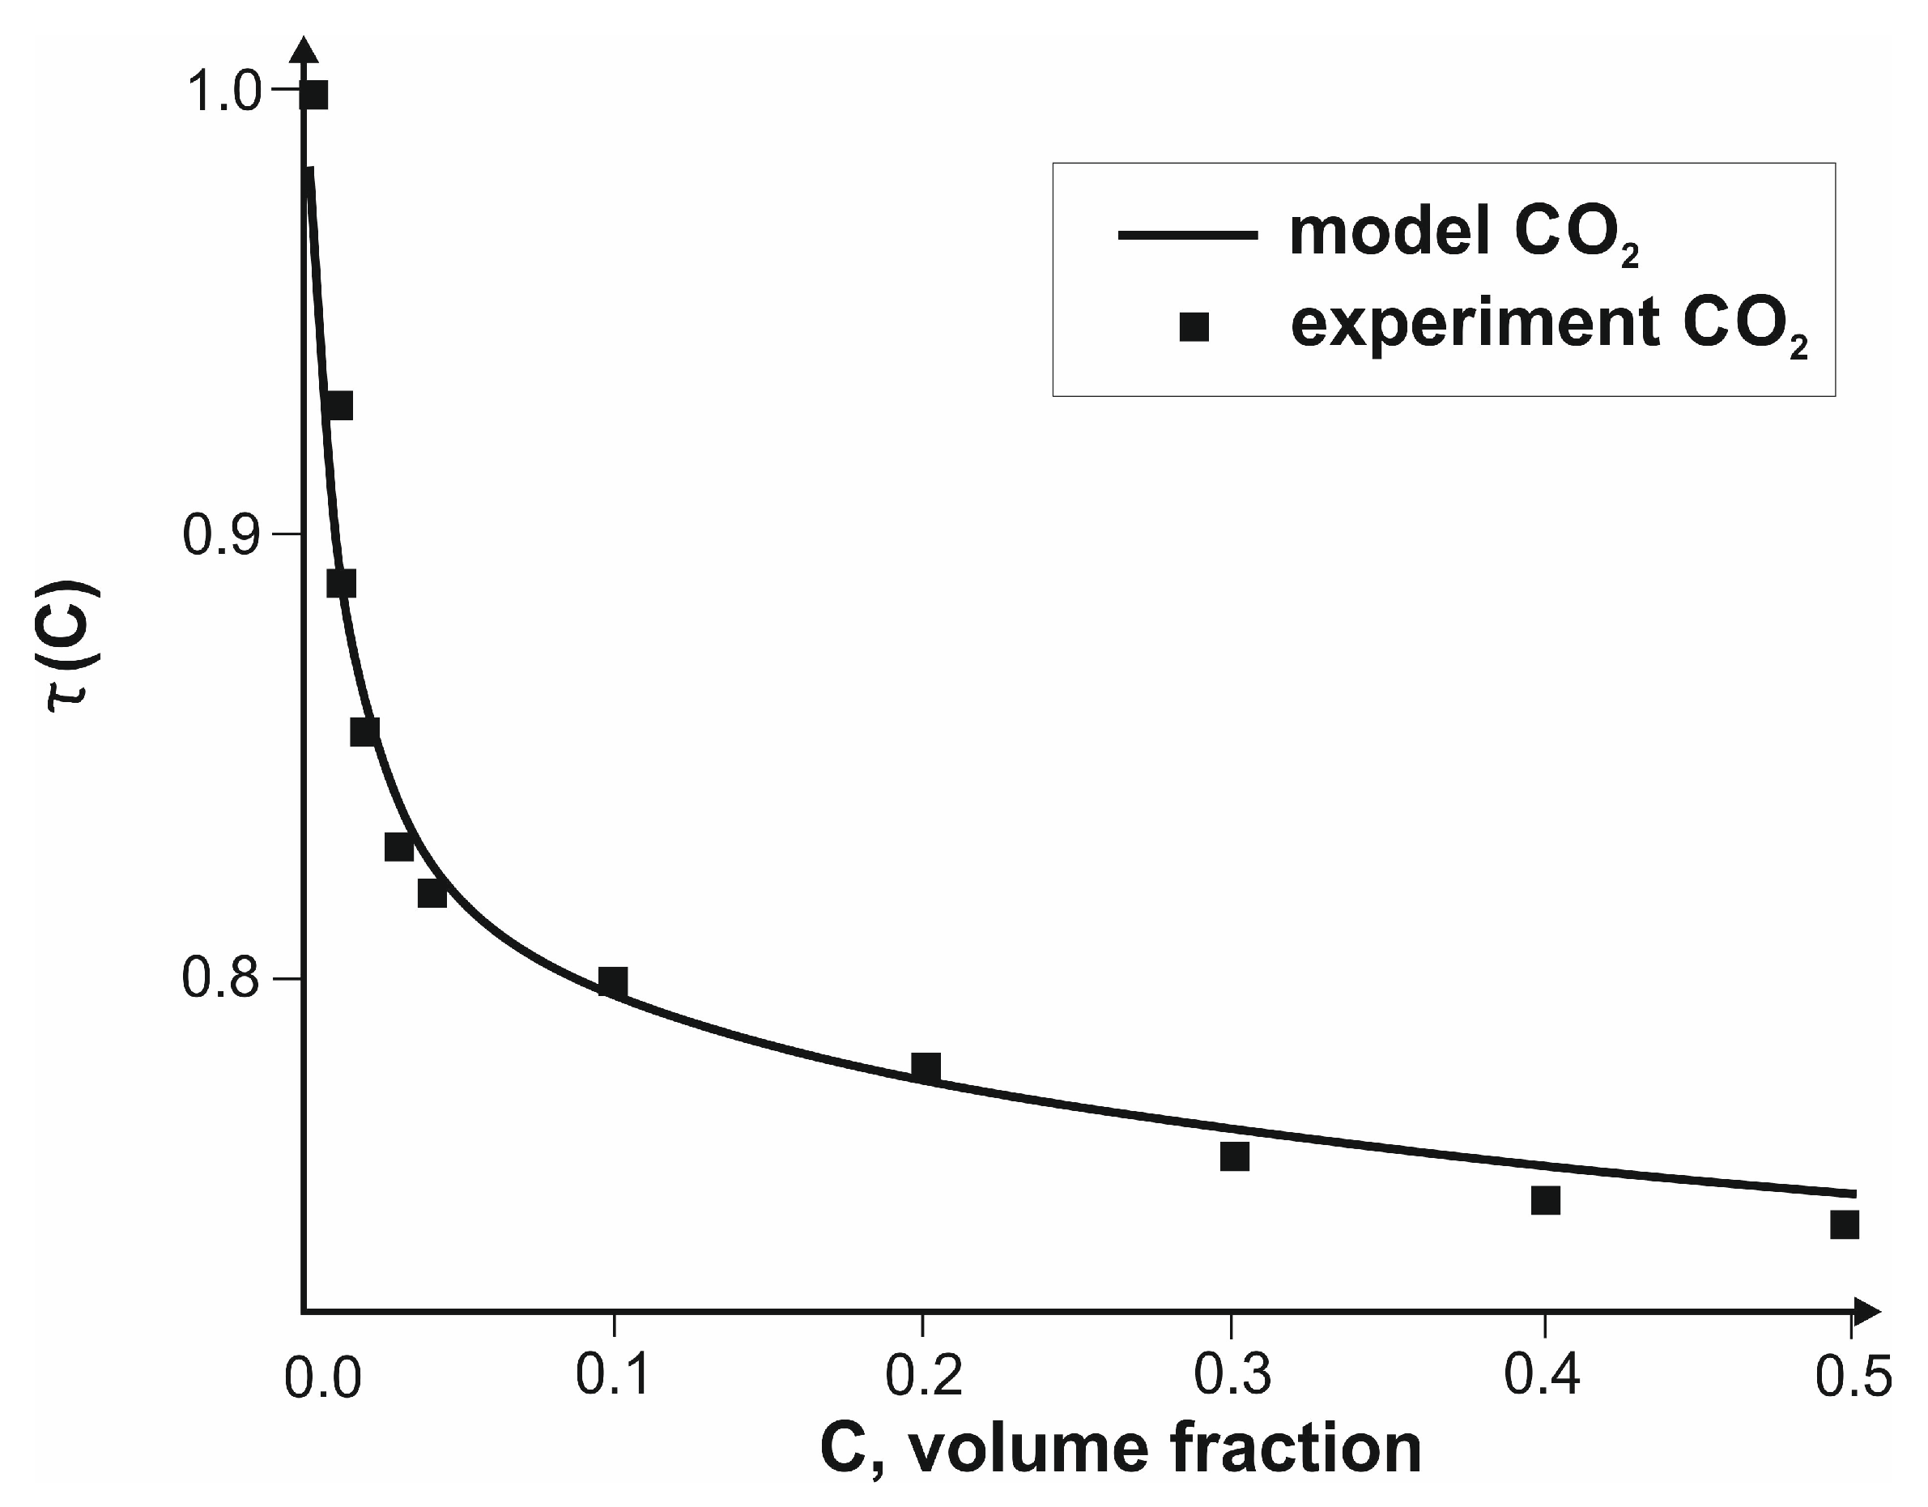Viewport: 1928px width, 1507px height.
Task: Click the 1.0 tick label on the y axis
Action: point(226,92)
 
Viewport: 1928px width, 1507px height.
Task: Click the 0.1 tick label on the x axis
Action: point(614,1376)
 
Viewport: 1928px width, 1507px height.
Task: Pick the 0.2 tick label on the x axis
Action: point(923,1376)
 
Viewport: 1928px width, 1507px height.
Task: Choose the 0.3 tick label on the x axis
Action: point(1232,1376)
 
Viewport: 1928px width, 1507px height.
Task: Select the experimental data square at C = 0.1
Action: point(613,981)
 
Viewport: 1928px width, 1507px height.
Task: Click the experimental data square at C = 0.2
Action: point(926,1067)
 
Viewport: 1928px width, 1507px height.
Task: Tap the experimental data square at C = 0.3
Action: point(1234,1156)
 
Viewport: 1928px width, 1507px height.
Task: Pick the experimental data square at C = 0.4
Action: point(1545,1200)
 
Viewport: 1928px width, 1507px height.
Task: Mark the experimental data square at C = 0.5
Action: point(1844,1224)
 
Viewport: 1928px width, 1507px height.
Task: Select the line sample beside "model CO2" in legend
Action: point(1187,234)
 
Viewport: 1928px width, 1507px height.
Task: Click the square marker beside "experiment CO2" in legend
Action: point(1194,329)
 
